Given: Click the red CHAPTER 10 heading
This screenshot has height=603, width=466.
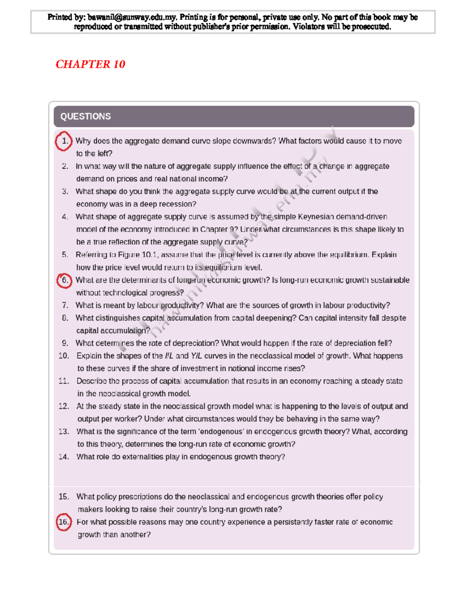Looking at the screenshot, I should click(x=90, y=64).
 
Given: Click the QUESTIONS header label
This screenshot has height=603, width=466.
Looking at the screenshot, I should click(x=85, y=116).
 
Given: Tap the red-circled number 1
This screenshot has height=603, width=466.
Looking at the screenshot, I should click(x=64, y=141).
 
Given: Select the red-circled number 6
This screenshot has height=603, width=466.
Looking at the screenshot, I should click(x=65, y=280).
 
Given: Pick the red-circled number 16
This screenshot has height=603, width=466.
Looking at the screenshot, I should click(x=64, y=522).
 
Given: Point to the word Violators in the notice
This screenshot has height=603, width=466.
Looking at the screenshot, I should click(x=308, y=27).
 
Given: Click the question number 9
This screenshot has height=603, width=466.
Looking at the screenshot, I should click(x=65, y=343).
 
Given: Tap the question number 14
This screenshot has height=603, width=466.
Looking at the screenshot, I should click(x=64, y=457).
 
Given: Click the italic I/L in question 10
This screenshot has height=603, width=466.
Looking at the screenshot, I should click(x=169, y=356).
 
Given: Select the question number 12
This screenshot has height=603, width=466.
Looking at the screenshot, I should click(x=64, y=407).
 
